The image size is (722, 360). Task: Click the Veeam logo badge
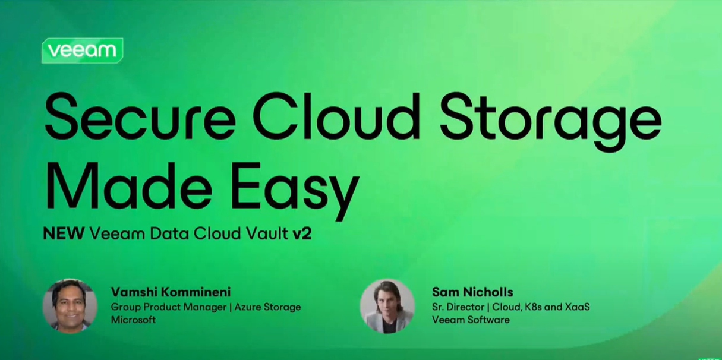tap(82, 50)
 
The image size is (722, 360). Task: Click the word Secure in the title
tap(140, 116)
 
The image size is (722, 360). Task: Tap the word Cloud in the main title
tap(336, 116)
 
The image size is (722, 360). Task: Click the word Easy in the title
tap(295, 191)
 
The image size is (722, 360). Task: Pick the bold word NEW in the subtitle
tap(64, 233)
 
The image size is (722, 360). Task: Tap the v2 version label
tap(302, 233)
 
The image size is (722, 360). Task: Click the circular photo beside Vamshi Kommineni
tap(70, 306)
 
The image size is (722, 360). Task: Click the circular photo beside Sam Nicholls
tap(387, 306)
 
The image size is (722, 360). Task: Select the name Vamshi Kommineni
tap(171, 292)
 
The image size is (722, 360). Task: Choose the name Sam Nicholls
tap(472, 292)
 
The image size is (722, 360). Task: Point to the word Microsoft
tap(133, 320)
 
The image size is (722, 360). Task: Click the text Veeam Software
tap(471, 320)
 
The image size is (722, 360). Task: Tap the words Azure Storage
tap(267, 307)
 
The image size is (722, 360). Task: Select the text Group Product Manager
tap(169, 307)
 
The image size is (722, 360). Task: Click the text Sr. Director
tap(458, 307)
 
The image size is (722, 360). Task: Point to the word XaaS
tap(577, 307)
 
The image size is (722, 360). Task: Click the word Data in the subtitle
tap(169, 233)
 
